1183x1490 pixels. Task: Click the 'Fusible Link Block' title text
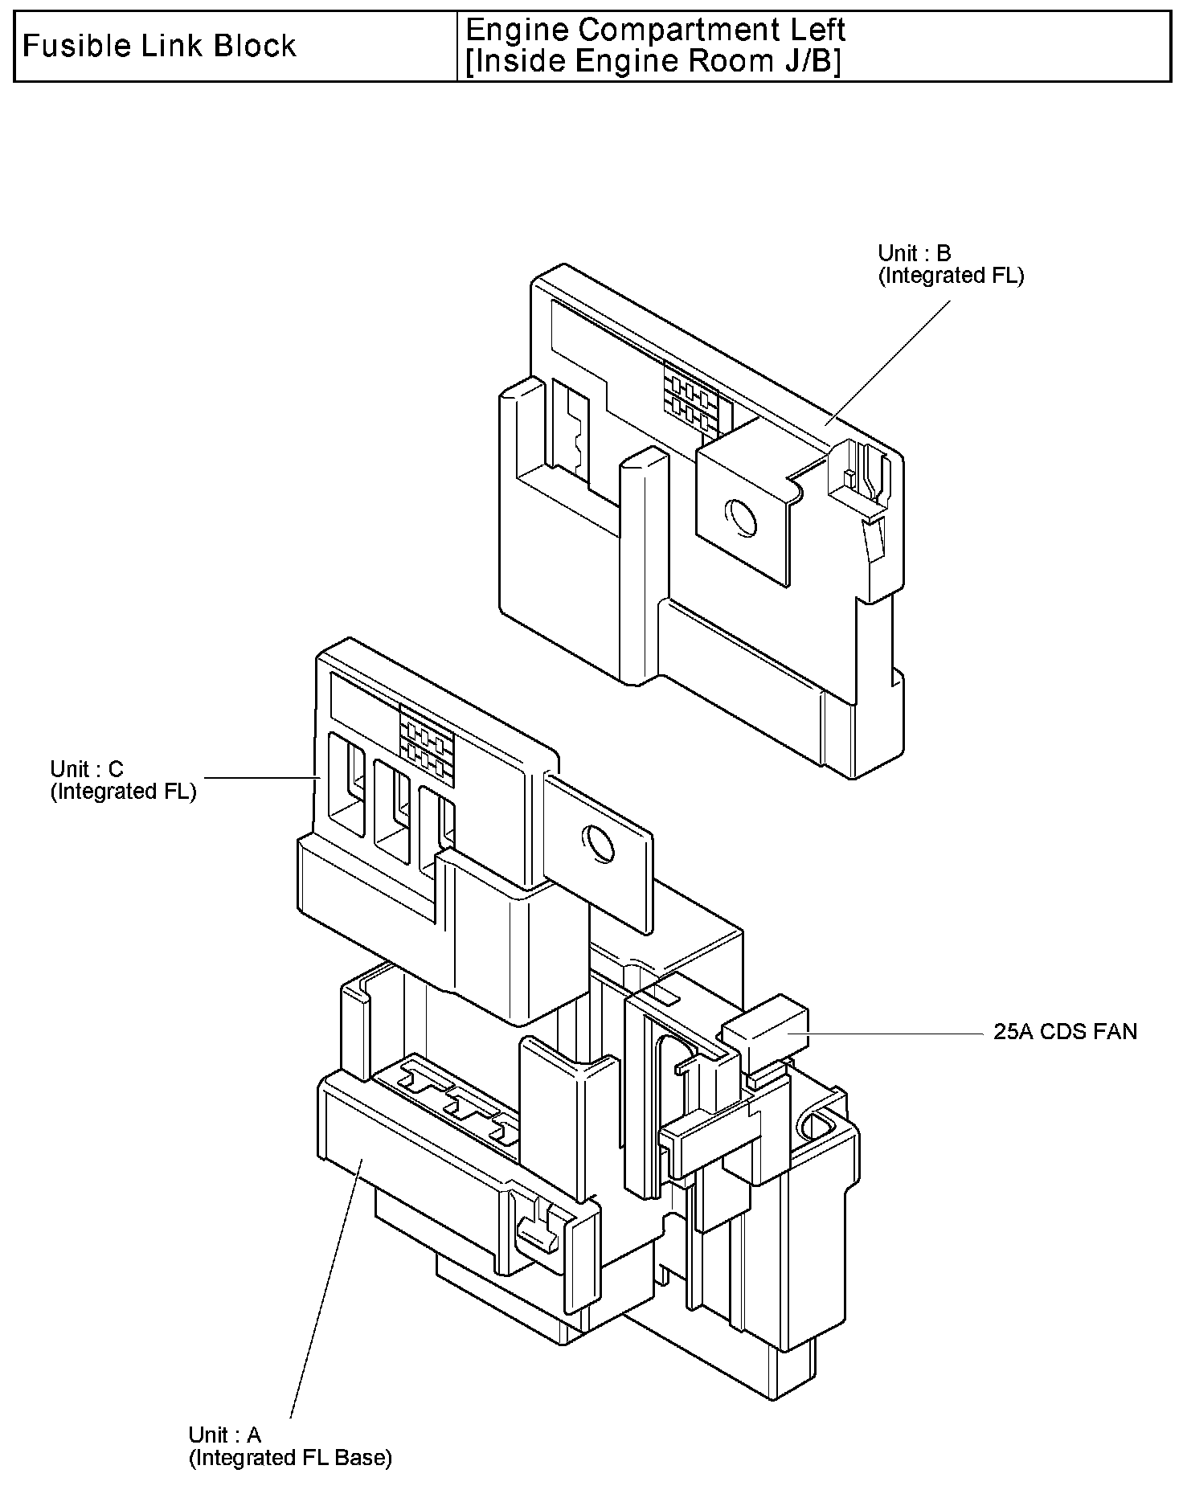(159, 47)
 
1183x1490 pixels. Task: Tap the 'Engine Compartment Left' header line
(655, 31)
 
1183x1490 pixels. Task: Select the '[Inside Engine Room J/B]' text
(653, 62)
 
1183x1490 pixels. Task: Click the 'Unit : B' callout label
(914, 253)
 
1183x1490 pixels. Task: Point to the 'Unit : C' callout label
(87, 769)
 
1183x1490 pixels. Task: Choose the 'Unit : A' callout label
(225, 1435)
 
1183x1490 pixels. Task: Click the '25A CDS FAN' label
(1065, 1032)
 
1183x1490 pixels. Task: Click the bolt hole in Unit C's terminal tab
(598, 843)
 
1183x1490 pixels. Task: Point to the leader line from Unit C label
(261, 777)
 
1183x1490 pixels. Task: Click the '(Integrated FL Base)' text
(290, 1457)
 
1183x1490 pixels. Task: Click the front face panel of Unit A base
(418, 1189)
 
